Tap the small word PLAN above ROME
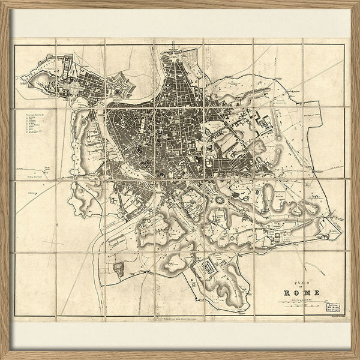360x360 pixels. point(297,282)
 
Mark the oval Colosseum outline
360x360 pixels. point(220,200)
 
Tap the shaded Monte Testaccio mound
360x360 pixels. point(119,268)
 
